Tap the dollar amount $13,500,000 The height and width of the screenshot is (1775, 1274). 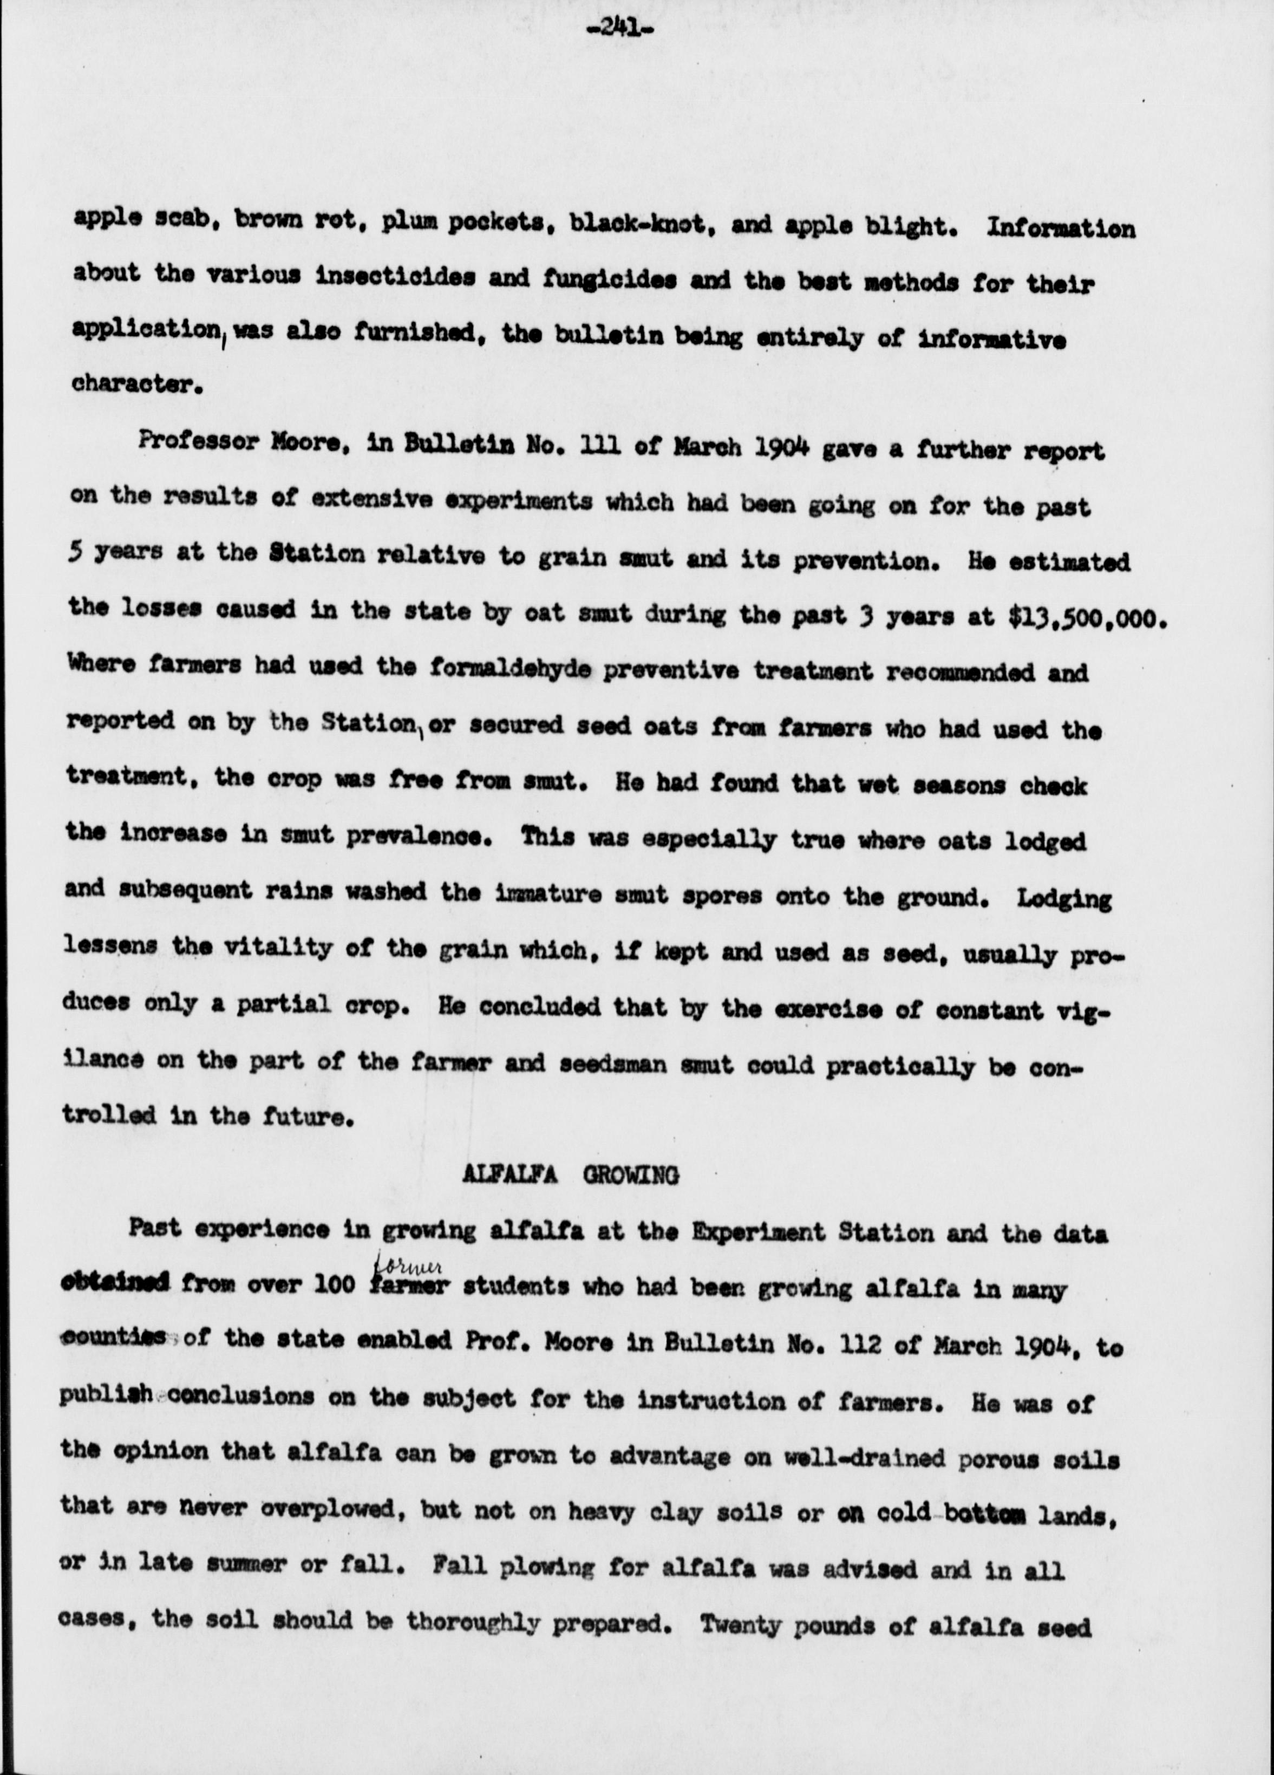point(1084,617)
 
